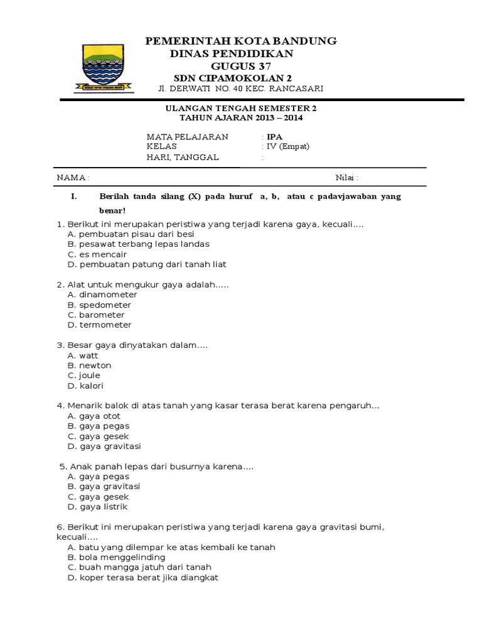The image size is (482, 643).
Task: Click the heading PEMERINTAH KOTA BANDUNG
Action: click(241, 41)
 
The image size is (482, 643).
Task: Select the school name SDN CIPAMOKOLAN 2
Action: click(241, 78)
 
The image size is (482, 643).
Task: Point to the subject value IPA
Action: click(274, 137)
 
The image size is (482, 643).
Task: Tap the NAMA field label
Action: click(73, 178)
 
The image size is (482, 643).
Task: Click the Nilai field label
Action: click(346, 178)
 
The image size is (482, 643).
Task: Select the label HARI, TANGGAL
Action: click(183, 158)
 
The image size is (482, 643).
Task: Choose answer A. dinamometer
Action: click(102, 294)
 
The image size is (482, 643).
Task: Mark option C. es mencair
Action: click(97, 254)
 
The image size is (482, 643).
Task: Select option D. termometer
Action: click(99, 325)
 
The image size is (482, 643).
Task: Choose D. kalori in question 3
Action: click(85, 386)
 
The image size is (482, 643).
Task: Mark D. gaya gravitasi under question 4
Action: click(104, 446)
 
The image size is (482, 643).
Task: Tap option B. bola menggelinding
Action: click(116, 557)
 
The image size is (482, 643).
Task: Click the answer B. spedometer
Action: click(99, 305)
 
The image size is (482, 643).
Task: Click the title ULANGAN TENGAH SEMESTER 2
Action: click(241, 108)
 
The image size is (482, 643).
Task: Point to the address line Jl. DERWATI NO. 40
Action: click(241, 89)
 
